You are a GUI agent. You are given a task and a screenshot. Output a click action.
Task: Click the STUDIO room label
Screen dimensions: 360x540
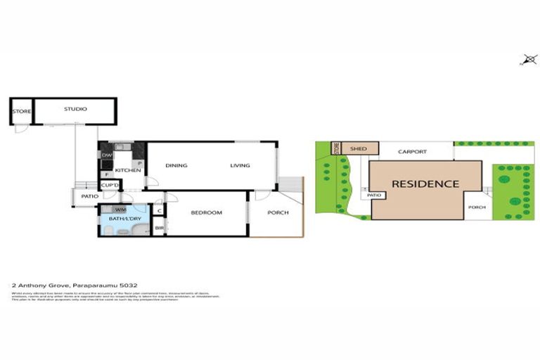tap(75, 109)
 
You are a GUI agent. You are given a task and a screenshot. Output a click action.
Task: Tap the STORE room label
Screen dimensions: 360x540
tap(21, 111)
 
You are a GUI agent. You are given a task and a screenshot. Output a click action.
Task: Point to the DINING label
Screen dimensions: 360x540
tap(176, 165)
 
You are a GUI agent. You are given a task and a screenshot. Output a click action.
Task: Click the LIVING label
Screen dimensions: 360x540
tap(240, 165)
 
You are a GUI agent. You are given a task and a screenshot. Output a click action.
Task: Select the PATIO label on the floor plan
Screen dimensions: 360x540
tap(89, 196)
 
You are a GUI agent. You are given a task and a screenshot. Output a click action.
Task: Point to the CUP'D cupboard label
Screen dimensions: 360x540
tap(110, 185)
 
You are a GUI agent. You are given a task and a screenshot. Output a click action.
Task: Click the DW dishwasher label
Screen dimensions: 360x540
tap(107, 155)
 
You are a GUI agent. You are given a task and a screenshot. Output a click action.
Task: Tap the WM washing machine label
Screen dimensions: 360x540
tap(120, 209)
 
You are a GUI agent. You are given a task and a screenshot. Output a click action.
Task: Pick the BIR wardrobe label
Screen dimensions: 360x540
tap(159, 227)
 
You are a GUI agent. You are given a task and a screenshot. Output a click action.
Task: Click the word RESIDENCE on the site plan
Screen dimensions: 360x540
tap(425, 184)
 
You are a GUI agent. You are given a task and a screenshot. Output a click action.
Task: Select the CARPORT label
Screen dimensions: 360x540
tap(413, 151)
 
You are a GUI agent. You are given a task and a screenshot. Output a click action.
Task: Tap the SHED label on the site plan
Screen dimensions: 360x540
tap(359, 149)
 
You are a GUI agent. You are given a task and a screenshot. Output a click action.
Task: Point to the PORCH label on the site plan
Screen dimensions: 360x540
tap(477, 207)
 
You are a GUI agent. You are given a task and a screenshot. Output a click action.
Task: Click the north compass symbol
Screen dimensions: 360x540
tap(528, 60)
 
